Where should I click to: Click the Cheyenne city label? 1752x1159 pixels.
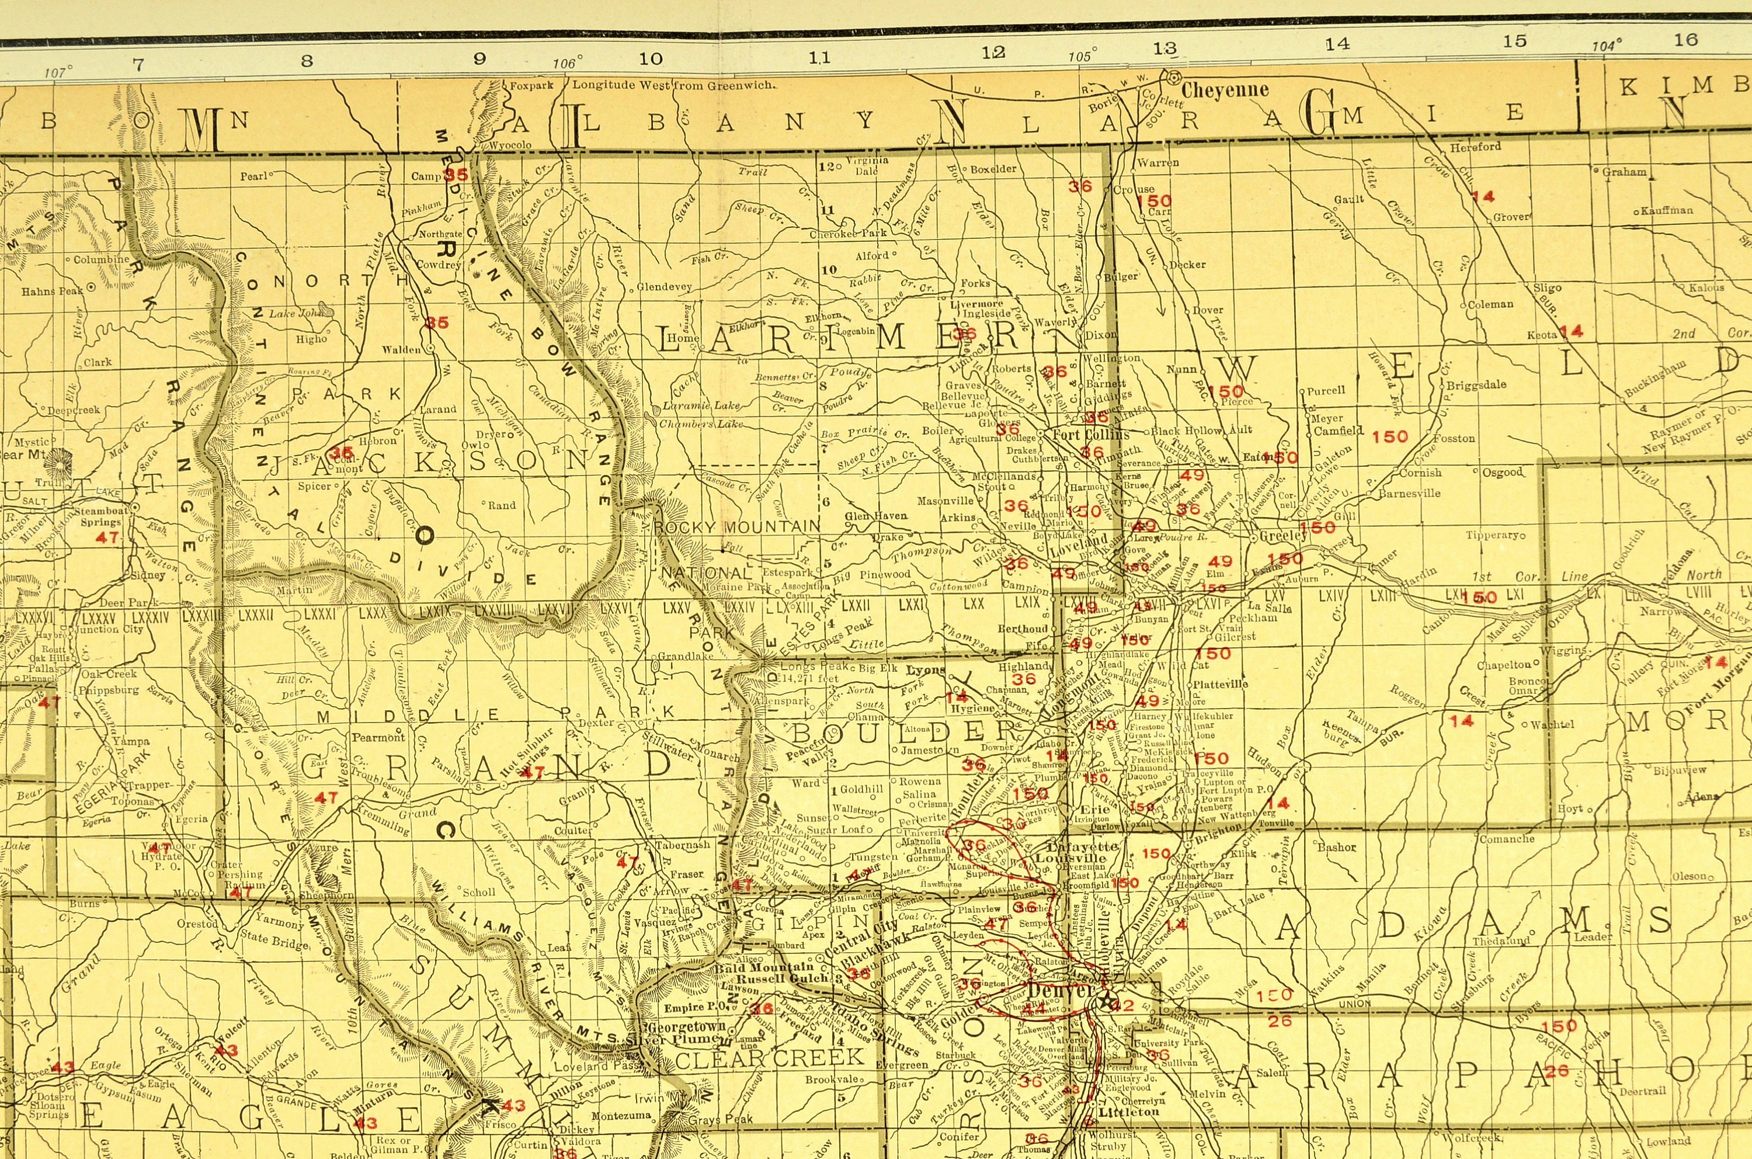(x=1225, y=90)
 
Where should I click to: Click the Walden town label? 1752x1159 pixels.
(x=401, y=349)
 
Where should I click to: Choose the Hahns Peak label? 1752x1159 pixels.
(x=53, y=292)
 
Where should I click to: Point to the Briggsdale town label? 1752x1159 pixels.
(x=1476, y=384)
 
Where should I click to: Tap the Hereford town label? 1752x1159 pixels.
(x=1475, y=147)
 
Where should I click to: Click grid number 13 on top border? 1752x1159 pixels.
(x=1164, y=49)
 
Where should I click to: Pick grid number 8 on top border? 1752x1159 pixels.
(x=307, y=61)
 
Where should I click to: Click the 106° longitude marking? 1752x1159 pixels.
(x=568, y=64)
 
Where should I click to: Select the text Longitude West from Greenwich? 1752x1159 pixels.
(x=674, y=85)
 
